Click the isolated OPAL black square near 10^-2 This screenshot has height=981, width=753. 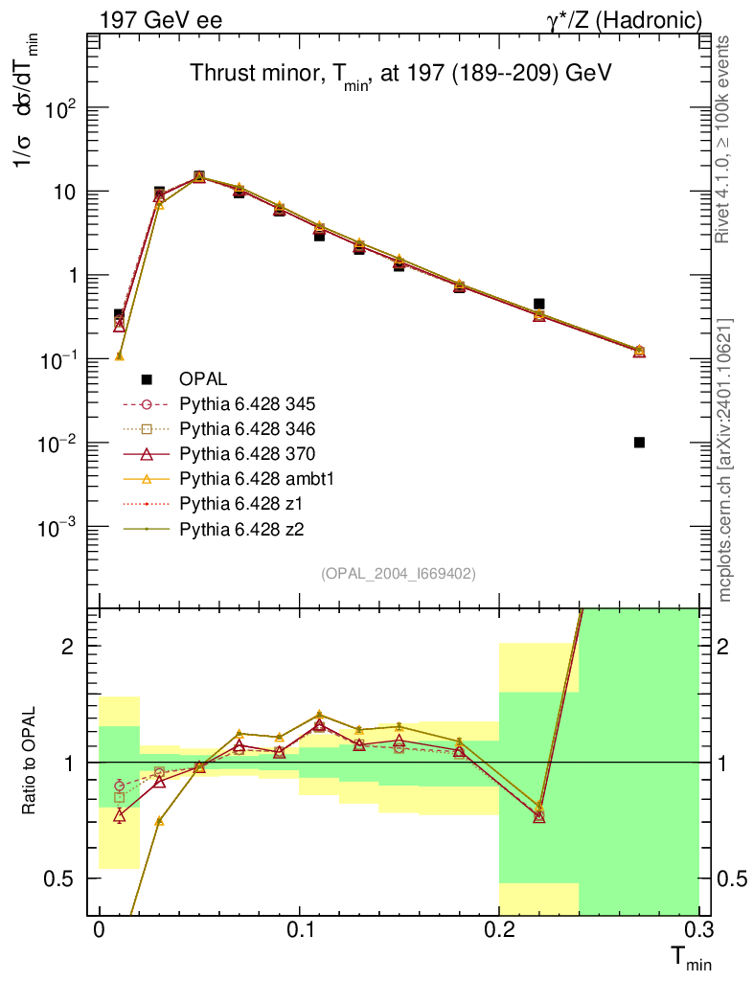639,442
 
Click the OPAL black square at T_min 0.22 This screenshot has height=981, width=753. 539,304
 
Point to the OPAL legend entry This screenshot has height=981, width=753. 202,378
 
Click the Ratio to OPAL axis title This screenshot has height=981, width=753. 30,762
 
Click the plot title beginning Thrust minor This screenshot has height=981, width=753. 400,74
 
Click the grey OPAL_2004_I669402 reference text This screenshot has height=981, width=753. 399,573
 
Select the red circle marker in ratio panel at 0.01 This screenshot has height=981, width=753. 119,786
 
